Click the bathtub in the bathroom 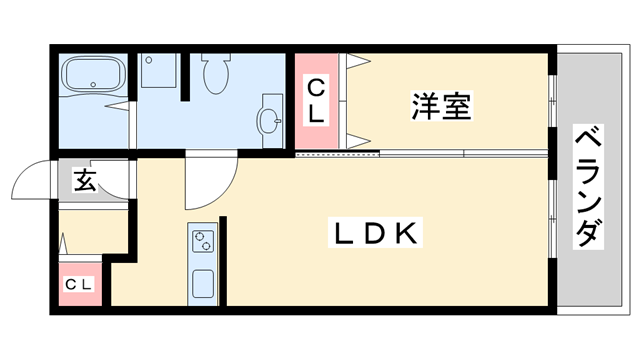(x=93, y=75)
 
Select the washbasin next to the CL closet (x=270, y=118)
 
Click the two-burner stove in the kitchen (x=203, y=241)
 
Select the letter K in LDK (x=405, y=234)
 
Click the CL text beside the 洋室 (x=315, y=101)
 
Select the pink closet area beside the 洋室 (x=315, y=100)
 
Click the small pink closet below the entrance (x=79, y=285)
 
